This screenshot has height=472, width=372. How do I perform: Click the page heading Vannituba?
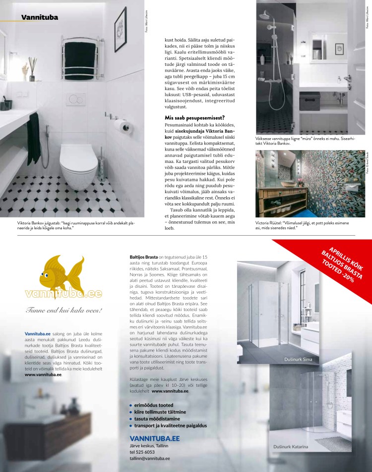(x=40, y=18)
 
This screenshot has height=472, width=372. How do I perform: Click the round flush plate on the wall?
(x=75, y=99)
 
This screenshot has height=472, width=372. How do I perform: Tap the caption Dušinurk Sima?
(x=298, y=358)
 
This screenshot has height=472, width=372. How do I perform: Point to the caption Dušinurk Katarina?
(x=291, y=447)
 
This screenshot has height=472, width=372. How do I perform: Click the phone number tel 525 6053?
(x=142, y=452)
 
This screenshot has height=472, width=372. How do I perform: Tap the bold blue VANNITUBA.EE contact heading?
(x=154, y=438)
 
